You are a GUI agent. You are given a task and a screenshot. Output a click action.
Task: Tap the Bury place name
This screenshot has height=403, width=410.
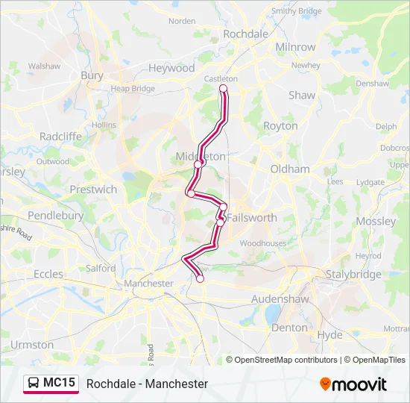[92, 75]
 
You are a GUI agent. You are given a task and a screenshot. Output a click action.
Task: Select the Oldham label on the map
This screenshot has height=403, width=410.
[289, 169]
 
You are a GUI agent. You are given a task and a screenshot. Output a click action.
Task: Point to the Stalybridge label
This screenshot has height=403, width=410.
[353, 275]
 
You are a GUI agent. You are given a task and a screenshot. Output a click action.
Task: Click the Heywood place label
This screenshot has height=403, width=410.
[171, 68]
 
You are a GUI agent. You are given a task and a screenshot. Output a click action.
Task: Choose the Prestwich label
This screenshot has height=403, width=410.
[93, 190]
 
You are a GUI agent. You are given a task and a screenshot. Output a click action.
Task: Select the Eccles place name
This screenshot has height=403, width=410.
[48, 274]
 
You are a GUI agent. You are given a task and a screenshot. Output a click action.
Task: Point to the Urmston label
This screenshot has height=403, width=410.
[32, 345]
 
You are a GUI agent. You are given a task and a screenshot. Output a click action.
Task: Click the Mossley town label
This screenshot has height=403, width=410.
[376, 222]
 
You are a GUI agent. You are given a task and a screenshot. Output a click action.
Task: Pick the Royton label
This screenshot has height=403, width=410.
[280, 126]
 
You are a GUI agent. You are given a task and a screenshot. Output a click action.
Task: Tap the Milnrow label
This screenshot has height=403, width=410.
[295, 47]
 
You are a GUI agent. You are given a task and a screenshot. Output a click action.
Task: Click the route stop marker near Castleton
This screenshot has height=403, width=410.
[222, 89]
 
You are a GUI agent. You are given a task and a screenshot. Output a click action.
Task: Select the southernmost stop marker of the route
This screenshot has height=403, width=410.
[200, 278]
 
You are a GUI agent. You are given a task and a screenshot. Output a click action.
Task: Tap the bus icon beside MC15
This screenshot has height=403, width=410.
[34, 384]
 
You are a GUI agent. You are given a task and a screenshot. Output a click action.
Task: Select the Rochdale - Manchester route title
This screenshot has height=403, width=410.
[147, 384]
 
